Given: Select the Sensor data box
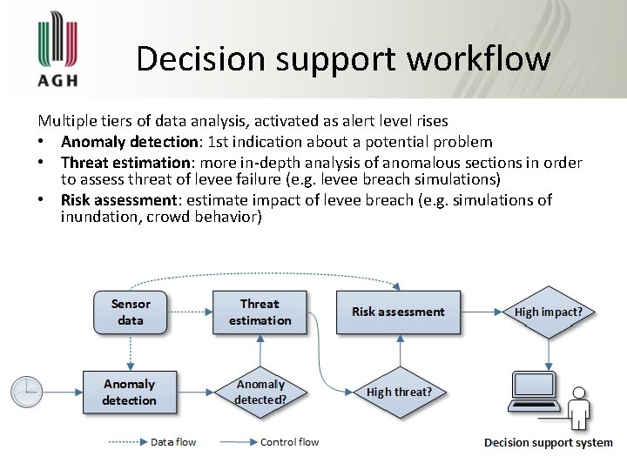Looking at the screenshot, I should (131, 312).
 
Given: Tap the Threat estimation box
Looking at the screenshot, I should (260, 312).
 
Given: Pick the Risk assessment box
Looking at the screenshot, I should (398, 312).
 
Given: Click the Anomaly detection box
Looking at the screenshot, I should (130, 393).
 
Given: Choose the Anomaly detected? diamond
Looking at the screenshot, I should (260, 393).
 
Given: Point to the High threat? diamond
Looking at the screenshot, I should (399, 393).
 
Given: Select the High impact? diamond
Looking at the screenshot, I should (549, 312).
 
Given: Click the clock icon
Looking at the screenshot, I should (27, 392).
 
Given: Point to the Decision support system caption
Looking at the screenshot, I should (548, 443).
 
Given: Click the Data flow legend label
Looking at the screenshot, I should (173, 442).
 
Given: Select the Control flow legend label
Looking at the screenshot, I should (290, 442).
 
